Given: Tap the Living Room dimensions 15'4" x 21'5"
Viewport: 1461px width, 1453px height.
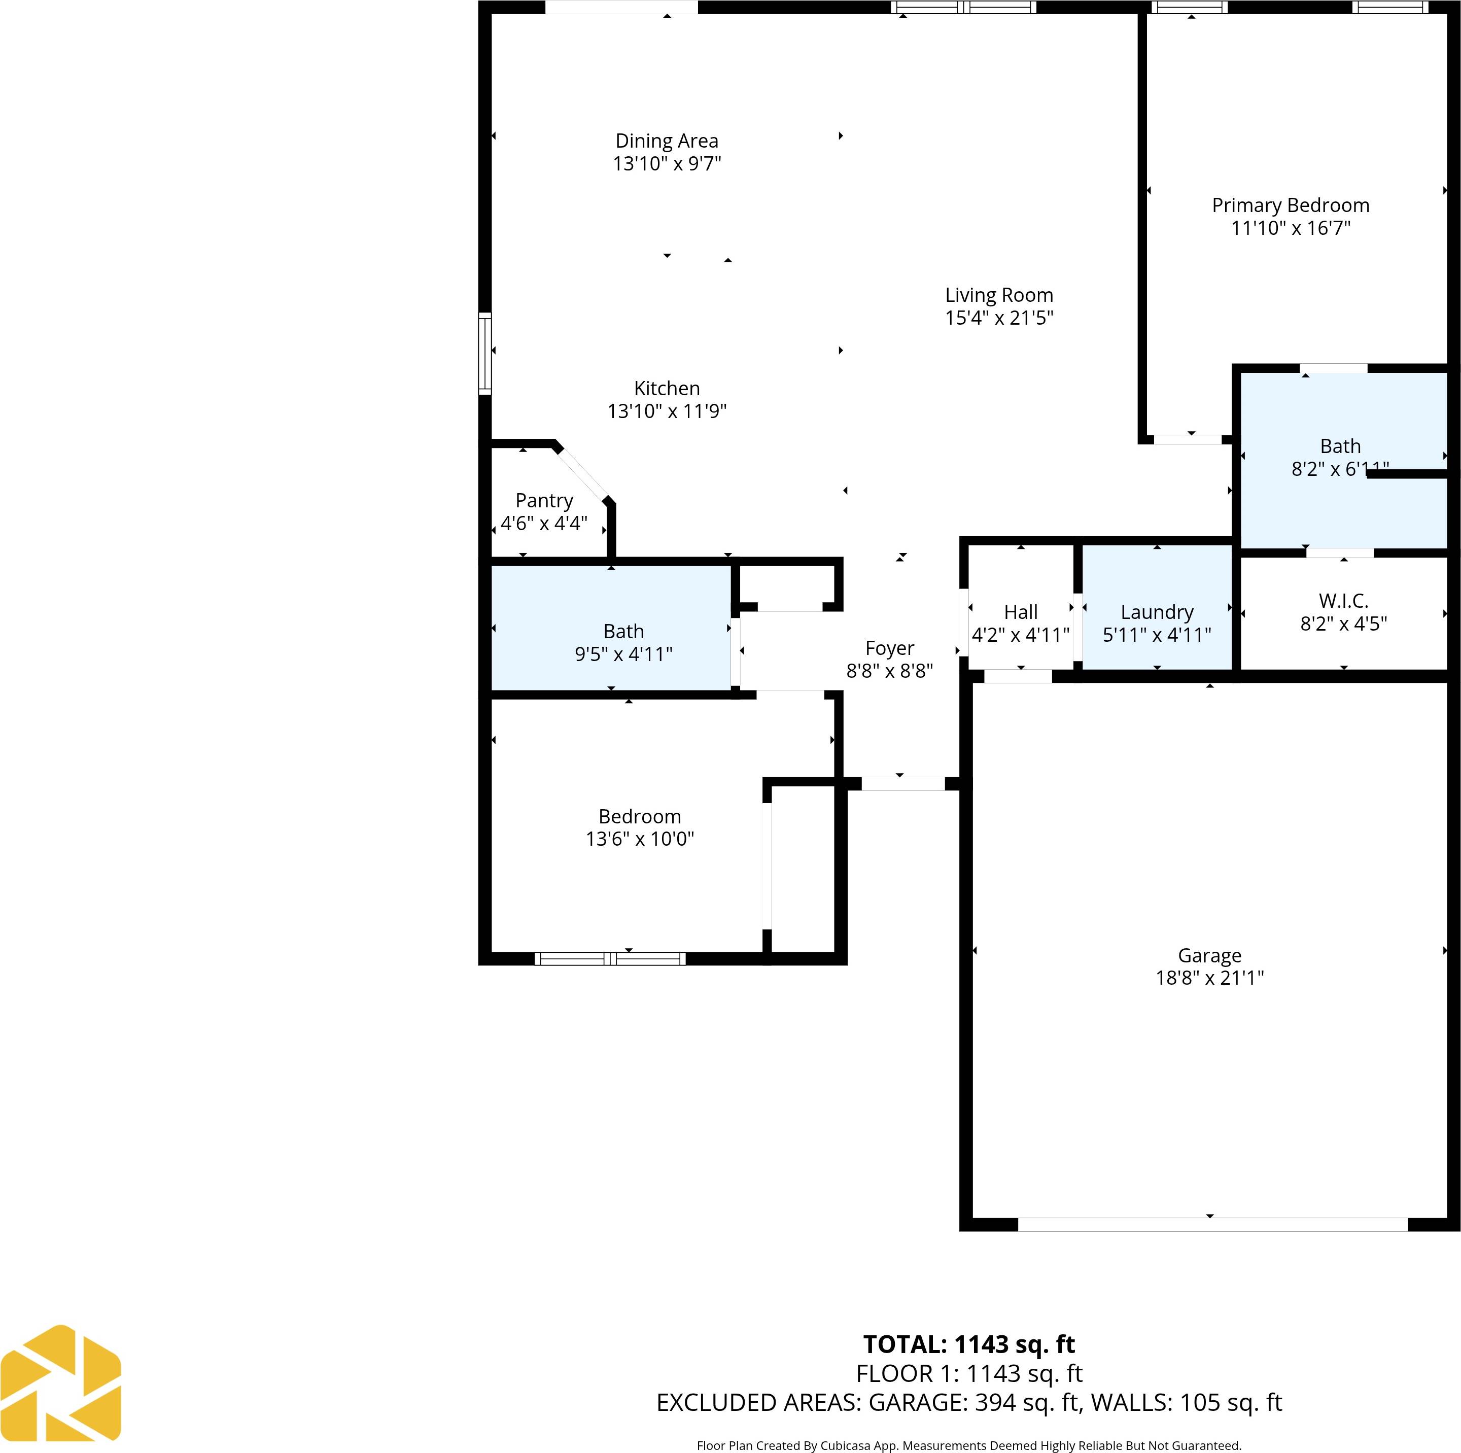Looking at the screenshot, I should click(998, 318).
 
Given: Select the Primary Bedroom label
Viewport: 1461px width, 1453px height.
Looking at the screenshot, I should click(1290, 206).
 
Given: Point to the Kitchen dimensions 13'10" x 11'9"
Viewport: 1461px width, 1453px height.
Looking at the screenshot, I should click(666, 411).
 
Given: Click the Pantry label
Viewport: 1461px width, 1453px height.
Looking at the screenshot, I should click(544, 501).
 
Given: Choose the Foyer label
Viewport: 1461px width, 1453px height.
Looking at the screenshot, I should click(889, 648).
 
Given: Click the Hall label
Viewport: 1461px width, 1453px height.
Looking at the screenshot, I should click(1020, 612).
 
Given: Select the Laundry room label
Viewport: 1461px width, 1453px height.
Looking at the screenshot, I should click(1156, 612).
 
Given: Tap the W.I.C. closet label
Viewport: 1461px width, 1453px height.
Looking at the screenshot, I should click(1343, 601).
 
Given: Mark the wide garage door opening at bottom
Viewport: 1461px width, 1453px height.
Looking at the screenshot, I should click(1212, 1224).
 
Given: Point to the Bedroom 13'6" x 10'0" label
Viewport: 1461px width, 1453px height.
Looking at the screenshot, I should click(640, 817).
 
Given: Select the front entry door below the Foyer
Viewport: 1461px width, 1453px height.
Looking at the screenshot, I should click(903, 784).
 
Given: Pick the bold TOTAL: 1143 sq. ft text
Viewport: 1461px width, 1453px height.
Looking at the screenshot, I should click(969, 1344).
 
